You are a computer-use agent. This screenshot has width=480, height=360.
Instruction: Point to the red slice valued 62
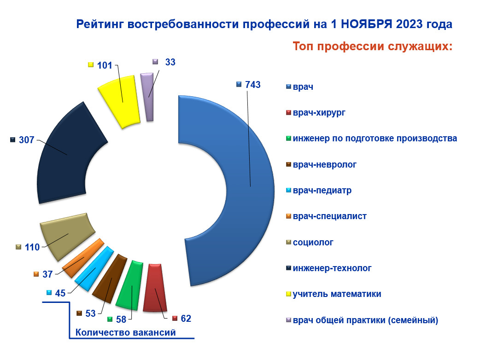pos(155,288)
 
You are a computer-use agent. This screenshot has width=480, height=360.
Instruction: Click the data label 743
pos(252,84)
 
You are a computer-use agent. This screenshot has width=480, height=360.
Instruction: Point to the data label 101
pos(105,65)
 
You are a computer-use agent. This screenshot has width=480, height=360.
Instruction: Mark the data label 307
pos(27,140)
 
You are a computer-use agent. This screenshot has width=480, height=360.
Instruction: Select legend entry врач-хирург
pos(319,112)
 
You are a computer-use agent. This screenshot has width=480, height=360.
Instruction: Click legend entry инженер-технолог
pos(332,268)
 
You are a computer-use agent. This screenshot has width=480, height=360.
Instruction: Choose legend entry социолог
pos(313,242)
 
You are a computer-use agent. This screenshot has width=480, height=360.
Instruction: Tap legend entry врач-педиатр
pos(322,190)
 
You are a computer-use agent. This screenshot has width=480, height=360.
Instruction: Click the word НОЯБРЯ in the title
pos(366,24)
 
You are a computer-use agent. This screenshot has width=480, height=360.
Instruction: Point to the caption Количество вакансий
pos(125,332)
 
